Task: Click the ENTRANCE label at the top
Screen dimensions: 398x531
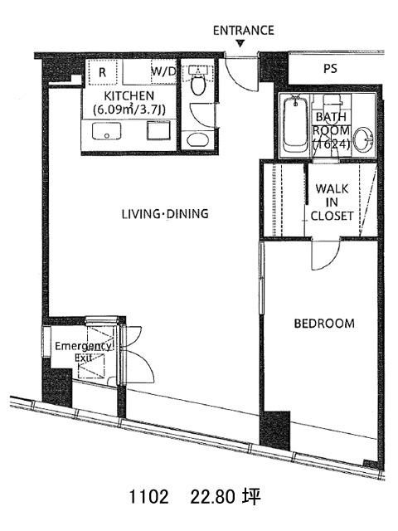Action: [243, 31]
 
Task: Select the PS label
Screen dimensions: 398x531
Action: [330, 68]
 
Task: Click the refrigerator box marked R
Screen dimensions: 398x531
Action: [103, 72]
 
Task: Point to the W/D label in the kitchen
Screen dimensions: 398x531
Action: [164, 71]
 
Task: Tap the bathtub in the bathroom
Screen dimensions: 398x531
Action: [296, 124]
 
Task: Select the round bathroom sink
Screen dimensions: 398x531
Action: [363, 139]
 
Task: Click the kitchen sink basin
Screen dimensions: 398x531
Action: [107, 131]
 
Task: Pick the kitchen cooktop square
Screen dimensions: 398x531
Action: [158, 130]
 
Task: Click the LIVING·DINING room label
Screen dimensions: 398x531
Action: [165, 214]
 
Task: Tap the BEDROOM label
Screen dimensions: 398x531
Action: [324, 324]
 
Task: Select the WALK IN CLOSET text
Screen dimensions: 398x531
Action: [332, 202]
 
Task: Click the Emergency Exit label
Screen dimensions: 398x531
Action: [83, 352]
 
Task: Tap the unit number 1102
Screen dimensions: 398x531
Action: [148, 498]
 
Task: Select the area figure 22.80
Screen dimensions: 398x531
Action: [212, 498]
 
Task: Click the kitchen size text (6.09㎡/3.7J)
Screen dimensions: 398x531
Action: [129, 110]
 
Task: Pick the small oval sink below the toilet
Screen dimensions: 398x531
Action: [197, 139]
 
